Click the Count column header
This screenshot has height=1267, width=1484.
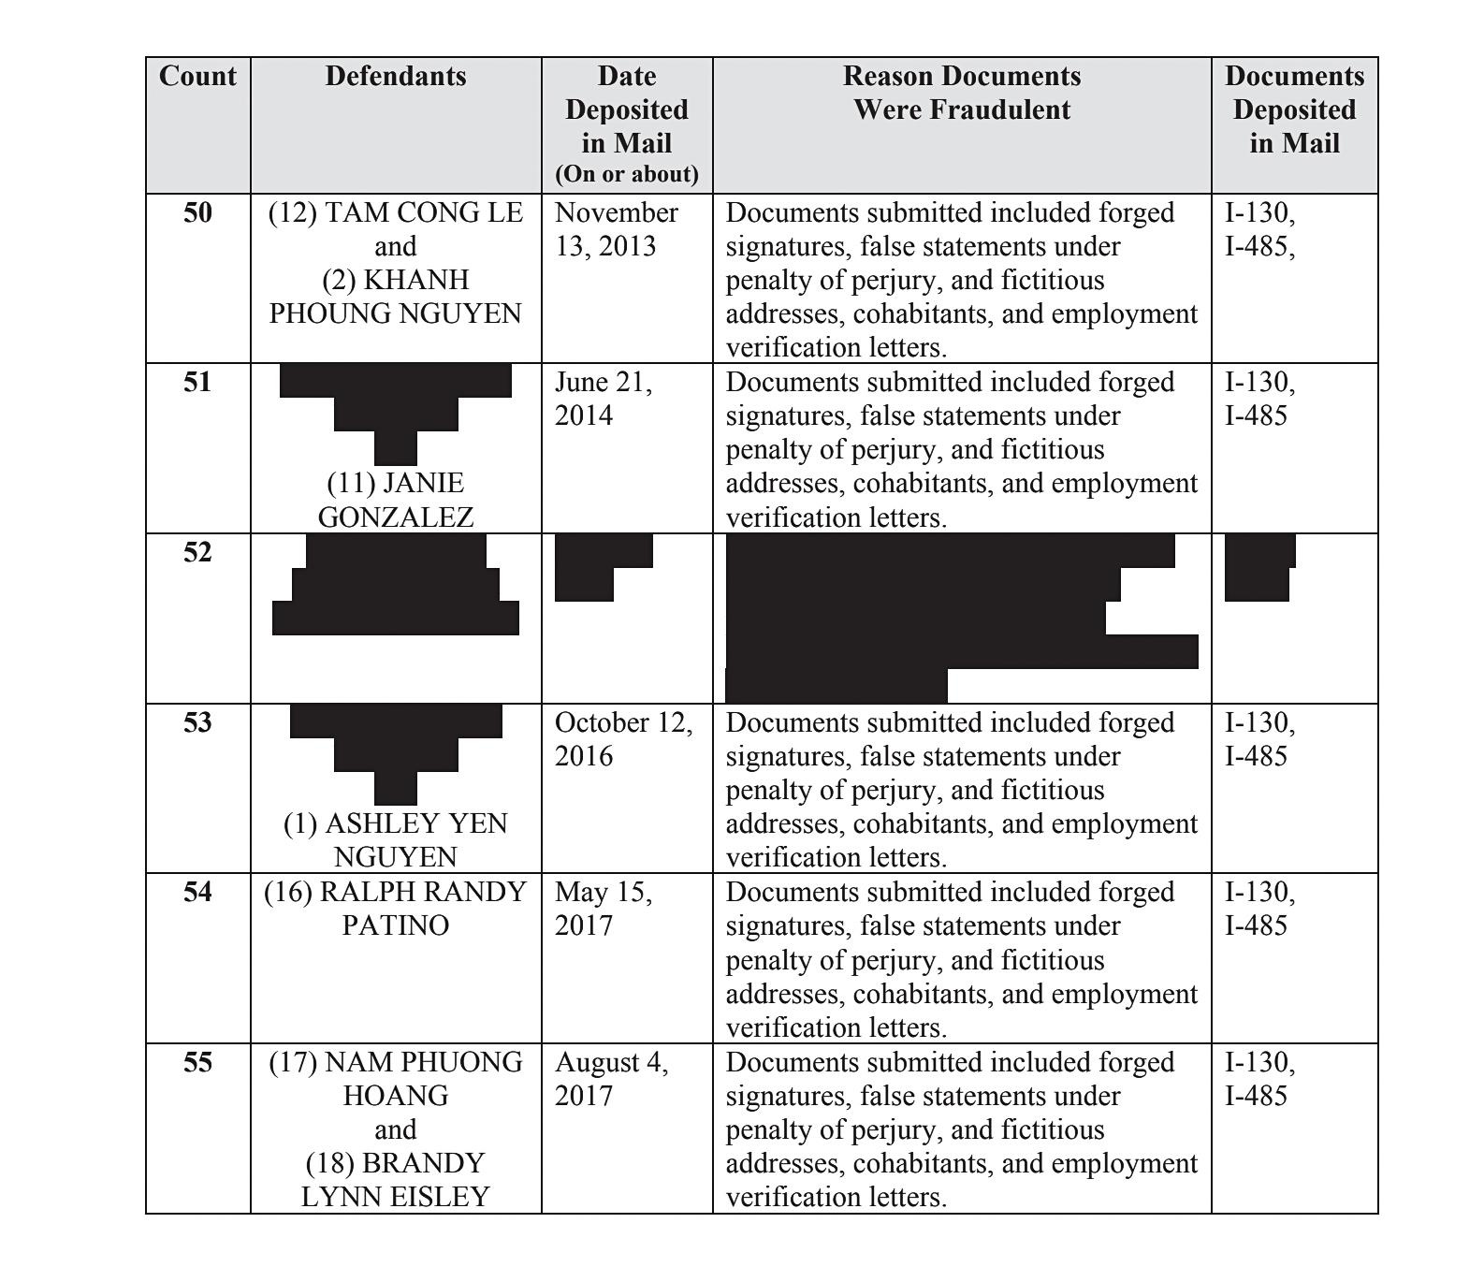pyautogui.click(x=197, y=76)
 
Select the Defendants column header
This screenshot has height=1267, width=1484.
pyautogui.click(x=396, y=76)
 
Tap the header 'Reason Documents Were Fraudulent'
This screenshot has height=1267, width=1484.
pyautogui.click(x=962, y=93)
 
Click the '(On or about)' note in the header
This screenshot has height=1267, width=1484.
pyautogui.click(x=627, y=174)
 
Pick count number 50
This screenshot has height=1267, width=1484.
pyautogui.click(x=197, y=212)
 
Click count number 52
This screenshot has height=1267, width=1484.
pyautogui.click(x=197, y=552)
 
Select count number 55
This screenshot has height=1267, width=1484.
pyautogui.click(x=197, y=1062)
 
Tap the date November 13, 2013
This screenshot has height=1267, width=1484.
pyautogui.click(x=616, y=229)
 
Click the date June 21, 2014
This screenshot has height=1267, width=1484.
pyautogui.click(x=604, y=399)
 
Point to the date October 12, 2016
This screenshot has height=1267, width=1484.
pyautogui.click(x=623, y=739)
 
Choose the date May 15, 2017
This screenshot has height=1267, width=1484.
pyautogui.click(x=604, y=909)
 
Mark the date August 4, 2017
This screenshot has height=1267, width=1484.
pyautogui.click(x=611, y=1079)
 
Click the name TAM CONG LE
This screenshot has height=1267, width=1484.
pyautogui.click(x=396, y=213)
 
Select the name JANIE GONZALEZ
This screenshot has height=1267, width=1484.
pyautogui.click(x=396, y=500)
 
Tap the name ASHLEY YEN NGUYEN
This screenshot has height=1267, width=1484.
pyautogui.click(x=396, y=840)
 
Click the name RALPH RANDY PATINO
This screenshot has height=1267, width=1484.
pyautogui.click(x=396, y=909)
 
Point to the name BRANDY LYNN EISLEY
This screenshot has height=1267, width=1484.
pyautogui.click(x=396, y=1180)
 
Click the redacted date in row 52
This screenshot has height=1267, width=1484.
pyautogui.click(x=599, y=567)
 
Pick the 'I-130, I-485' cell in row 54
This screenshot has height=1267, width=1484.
pyautogui.click(x=1259, y=909)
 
